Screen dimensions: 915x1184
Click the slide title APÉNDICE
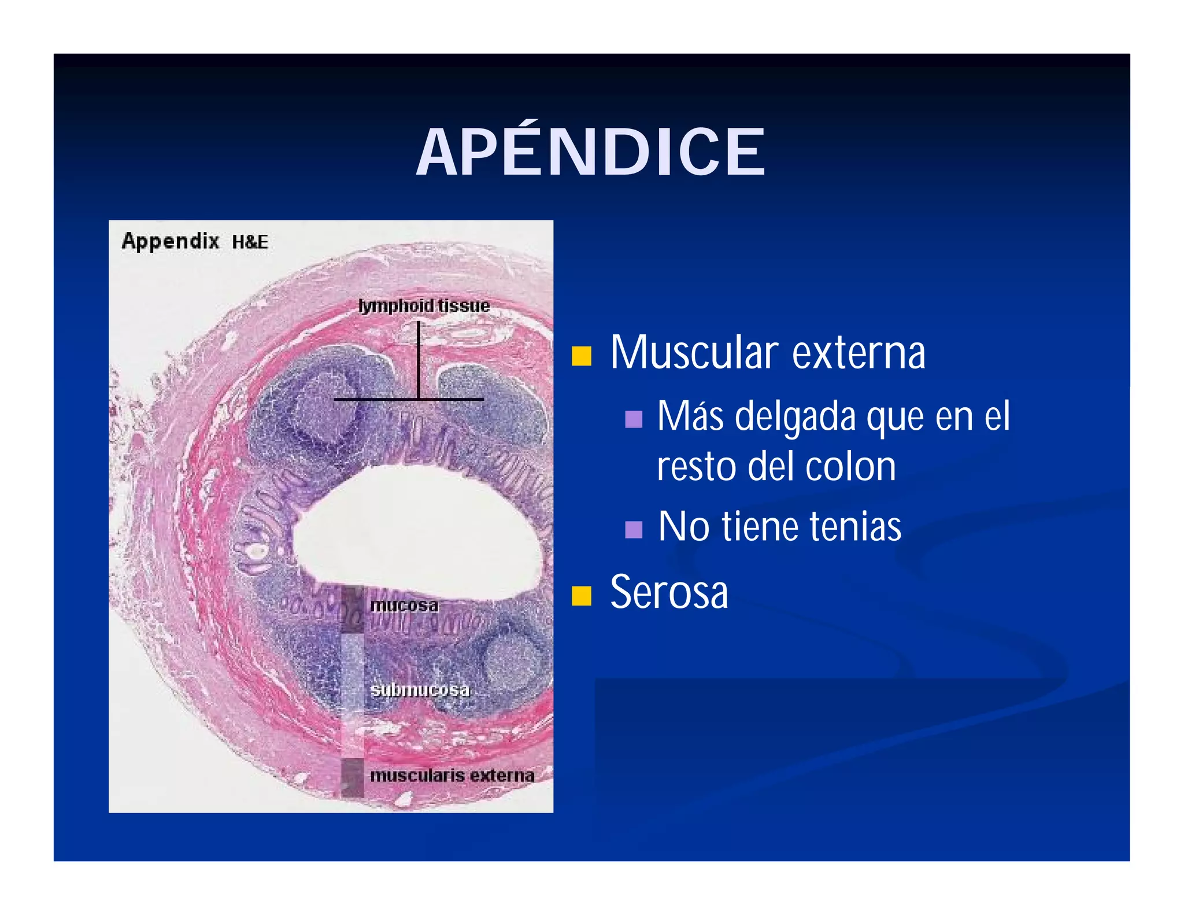(591, 152)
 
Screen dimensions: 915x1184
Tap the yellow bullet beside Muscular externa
(581, 356)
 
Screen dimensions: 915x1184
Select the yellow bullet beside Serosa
(581, 595)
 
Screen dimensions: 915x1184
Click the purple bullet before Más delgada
(634, 419)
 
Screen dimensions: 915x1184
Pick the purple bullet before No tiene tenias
(634, 529)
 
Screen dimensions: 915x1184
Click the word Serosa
(669, 592)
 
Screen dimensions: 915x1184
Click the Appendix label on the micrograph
(170, 241)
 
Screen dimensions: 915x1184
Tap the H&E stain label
(250, 242)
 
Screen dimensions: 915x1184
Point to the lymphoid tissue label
(424, 305)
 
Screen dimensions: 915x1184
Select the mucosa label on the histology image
(404, 606)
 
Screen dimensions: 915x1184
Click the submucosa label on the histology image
(420, 689)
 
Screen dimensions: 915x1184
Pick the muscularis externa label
(452, 775)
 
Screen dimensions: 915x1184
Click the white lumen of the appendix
(416, 526)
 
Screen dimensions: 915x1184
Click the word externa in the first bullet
(859, 352)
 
